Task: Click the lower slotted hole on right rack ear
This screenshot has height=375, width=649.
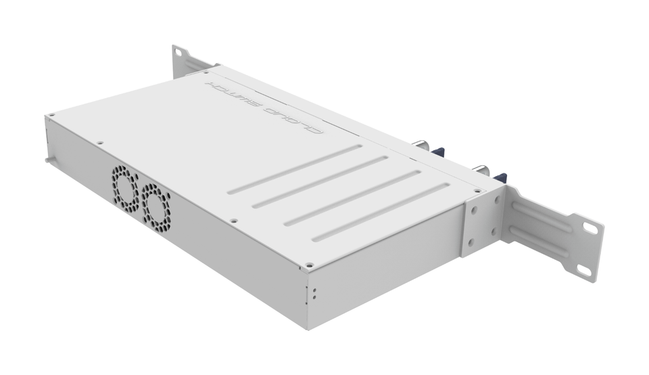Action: (582, 269)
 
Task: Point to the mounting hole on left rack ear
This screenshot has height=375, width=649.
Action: (178, 55)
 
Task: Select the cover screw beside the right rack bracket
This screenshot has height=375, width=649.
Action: (477, 192)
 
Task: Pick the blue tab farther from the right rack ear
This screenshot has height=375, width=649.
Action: (437, 153)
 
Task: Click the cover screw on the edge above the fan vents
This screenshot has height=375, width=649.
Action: (99, 143)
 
